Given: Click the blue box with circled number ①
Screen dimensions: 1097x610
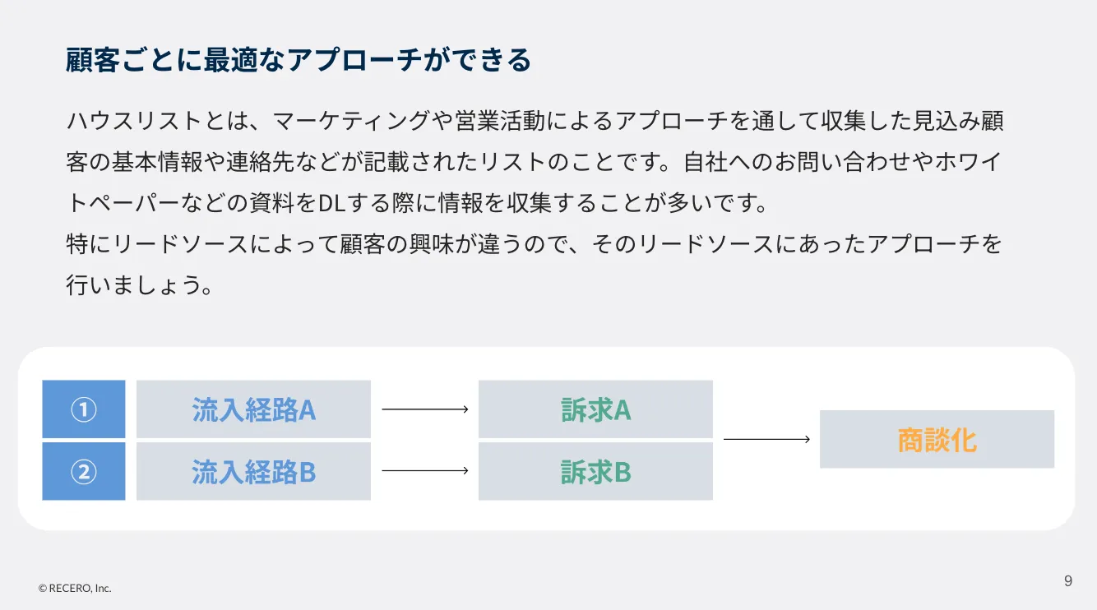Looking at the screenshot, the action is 84,409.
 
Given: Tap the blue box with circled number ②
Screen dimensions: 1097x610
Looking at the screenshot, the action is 84,471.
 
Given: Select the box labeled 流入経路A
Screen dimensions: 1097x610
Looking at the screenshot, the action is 253,409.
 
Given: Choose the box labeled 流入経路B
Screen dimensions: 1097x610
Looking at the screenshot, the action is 253,471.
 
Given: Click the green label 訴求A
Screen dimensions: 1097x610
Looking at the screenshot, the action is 595,409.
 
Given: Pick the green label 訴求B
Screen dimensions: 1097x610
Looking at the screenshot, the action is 595,472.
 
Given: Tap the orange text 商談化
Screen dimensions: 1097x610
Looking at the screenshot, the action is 937,440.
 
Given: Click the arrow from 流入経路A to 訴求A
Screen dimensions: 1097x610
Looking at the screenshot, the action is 425,409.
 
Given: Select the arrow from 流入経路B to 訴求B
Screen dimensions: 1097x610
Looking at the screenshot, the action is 425,470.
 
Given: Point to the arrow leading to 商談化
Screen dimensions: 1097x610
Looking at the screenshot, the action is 767,439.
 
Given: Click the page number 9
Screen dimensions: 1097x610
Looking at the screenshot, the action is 1068,580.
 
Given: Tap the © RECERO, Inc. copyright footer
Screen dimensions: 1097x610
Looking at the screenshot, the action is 75,588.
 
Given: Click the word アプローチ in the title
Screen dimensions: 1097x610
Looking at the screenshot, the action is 354,60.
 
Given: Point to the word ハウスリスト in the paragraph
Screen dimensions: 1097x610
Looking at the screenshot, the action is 134,120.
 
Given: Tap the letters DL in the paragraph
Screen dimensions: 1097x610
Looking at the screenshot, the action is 332,203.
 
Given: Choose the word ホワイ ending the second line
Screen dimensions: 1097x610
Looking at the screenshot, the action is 968,162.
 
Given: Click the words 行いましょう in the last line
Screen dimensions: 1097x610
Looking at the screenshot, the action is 133,285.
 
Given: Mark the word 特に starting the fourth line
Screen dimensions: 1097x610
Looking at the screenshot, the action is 89,244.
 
